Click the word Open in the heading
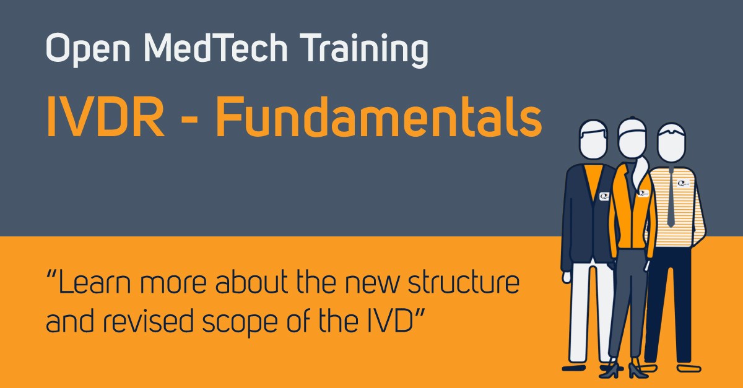coord(88,49)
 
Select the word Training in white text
coord(364,50)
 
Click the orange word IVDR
coord(105,117)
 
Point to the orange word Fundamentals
coord(379,116)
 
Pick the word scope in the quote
coord(240,323)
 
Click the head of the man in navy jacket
coord(593,139)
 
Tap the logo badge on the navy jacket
coord(604,196)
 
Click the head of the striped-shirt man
coord(671,142)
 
